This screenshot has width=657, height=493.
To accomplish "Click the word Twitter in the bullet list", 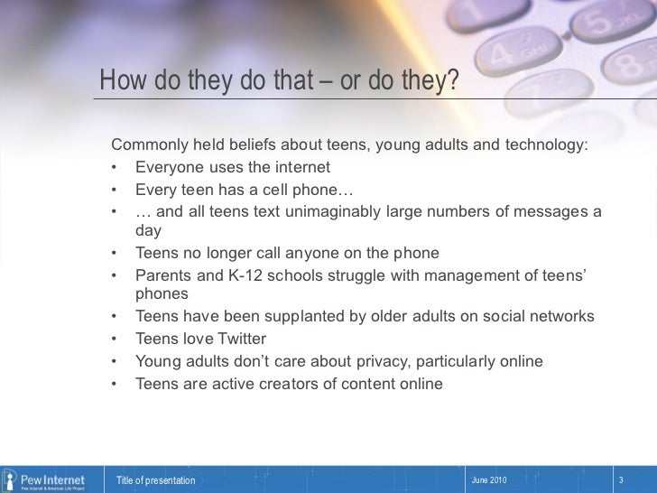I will [237, 339].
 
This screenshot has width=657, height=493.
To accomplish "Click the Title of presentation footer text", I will [155, 480].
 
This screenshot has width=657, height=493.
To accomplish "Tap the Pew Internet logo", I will [45, 479].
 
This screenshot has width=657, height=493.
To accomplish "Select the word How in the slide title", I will [117, 82].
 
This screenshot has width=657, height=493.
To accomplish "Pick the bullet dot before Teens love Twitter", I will [115, 340].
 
